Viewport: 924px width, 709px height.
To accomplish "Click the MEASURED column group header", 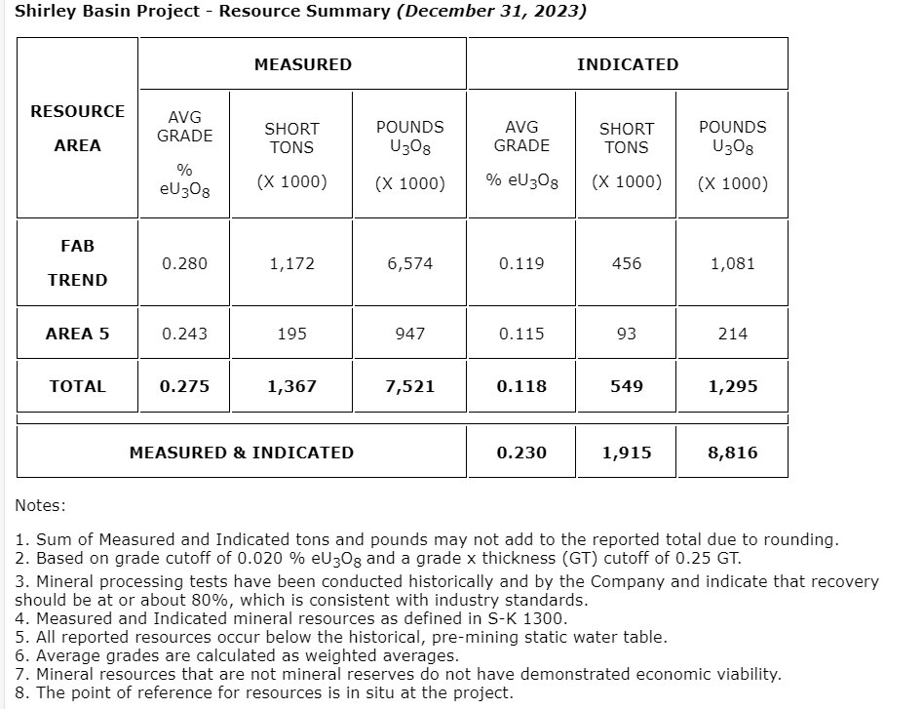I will [302, 64].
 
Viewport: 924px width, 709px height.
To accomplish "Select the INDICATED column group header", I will [627, 64].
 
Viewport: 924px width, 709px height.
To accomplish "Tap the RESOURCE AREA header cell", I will [77, 128].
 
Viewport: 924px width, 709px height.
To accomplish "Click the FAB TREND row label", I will [77, 263].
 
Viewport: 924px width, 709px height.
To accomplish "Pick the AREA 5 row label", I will [77, 334].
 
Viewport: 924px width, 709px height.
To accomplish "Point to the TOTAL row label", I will [77, 386].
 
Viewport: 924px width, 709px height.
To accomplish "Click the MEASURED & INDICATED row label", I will [242, 453].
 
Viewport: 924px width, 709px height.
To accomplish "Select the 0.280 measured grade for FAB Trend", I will [184, 263].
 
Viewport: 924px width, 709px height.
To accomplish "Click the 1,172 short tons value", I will [291, 263].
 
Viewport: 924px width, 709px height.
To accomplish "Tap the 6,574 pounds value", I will [409, 263].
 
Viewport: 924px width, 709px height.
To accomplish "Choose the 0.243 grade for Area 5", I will [184, 334].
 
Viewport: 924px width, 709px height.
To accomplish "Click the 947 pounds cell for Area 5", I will [409, 334].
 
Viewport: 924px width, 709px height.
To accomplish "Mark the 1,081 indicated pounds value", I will [732, 263].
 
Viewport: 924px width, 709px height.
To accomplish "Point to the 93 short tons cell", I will [626, 334].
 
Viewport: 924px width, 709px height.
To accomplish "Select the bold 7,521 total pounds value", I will [409, 386].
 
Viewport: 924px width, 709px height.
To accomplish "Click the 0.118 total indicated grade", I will [520, 386].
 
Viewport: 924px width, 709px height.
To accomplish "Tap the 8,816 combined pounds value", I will [732, 453].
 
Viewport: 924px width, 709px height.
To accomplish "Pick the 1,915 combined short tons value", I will [626, 453].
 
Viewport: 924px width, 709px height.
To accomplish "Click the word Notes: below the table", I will [40, 505].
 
